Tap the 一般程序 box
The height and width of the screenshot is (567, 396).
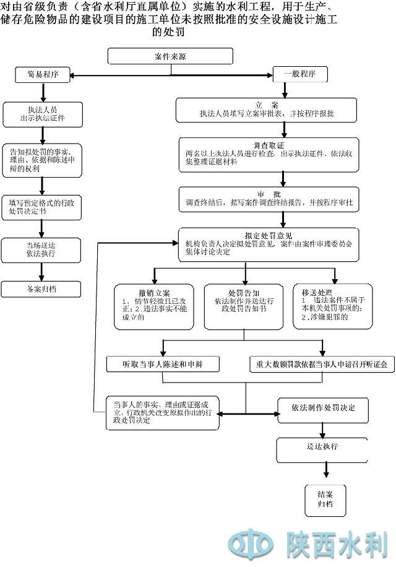[300, 74]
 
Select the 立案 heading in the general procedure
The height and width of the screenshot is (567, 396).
[267, 103]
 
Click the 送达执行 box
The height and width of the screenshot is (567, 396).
[322, 447]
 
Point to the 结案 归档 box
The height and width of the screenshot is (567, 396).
[325, 498]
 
